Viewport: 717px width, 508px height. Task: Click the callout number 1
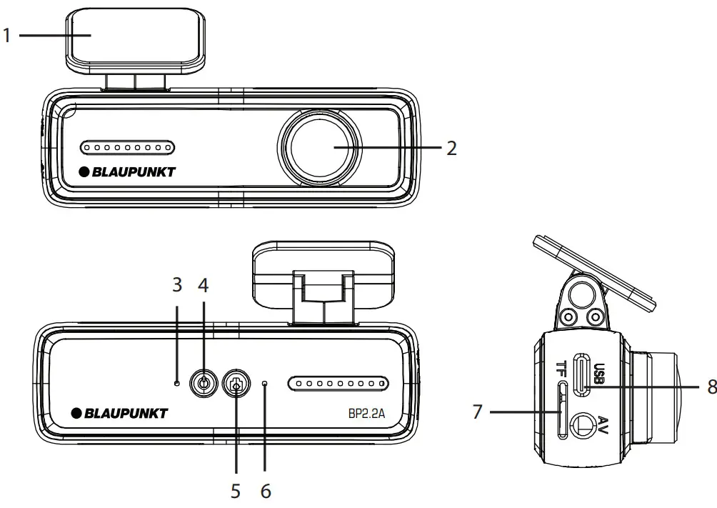pos(7,35)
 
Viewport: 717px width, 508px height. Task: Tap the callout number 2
pos(451,148)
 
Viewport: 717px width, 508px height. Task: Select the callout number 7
pos(478,412)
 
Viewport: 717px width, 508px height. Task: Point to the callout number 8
pos(711,386)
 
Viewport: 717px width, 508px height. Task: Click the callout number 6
pos(265,492)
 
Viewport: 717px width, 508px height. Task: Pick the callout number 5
pos(234,492)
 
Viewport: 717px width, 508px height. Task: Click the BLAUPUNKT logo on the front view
pos(127,171)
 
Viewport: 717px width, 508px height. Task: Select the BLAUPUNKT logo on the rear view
pos(119,413)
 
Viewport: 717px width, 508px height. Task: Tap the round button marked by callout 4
pos(204,384)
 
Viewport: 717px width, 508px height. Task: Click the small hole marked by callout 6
pos(264,384)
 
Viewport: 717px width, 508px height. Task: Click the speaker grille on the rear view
pos(338,384)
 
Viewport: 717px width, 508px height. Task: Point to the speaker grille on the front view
pos(127,148)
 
